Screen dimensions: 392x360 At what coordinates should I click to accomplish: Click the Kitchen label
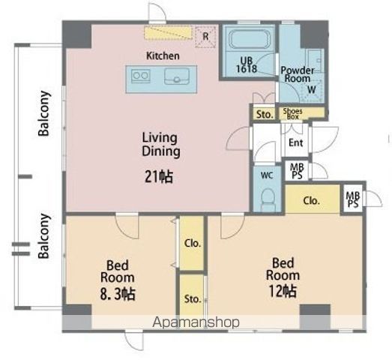click(163, 55)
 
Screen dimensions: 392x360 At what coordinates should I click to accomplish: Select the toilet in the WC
click(268, 198)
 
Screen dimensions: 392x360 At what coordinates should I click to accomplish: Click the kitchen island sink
click(177, 76)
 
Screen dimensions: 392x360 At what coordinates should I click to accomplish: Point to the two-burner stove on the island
click(141, 76)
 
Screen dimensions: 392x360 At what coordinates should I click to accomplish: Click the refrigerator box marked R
click(205, 37)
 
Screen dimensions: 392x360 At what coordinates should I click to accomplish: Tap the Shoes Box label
click(293, 114)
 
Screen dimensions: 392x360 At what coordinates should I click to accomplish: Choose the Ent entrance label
click(296, 142)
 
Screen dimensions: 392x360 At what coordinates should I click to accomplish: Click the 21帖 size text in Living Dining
click(159, 177)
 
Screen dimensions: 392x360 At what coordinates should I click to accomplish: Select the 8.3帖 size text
click(118, 294)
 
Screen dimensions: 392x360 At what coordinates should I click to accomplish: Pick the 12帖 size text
click(283, 291)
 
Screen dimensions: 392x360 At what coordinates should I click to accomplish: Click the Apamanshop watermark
click(196, 322)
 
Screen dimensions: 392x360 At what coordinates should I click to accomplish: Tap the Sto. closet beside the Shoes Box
click(264, 114)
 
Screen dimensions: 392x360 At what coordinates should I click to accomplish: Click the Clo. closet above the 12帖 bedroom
click(313, 199)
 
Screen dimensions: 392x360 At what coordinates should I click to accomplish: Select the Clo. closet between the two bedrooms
click(192, 243)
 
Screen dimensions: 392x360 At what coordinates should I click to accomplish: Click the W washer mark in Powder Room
click(312, 89)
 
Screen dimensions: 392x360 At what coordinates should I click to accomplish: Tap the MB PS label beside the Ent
click(297, 171)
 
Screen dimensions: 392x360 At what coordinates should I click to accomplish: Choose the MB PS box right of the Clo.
click(353, 199)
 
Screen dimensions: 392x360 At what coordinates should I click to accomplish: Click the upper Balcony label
click(43, 113)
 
